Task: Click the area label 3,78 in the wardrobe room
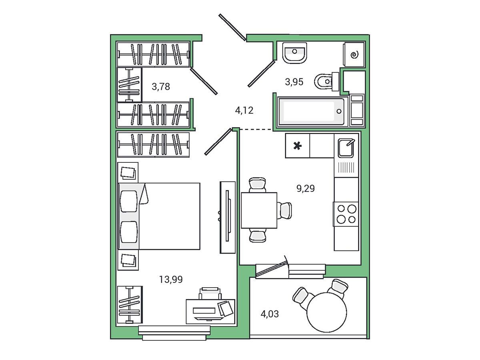pos(161,87)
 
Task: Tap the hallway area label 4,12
pos(244,111)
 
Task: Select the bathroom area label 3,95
pos(294,82)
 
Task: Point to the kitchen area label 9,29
pos(306,188)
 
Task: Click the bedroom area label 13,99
pos(171,279)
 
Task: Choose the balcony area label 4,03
pos(270,314)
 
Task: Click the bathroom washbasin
pos(294,53)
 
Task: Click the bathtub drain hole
pos(339,111)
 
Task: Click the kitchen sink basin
pos(346,148)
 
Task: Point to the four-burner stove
pos(346,214)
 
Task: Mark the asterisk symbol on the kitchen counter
pos(298,146)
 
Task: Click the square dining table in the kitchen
pos(259,210)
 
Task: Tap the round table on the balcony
pos(327,312)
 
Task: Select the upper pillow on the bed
pos(129,201)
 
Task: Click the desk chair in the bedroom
pos(210,293)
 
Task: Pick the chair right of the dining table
pos(284,210)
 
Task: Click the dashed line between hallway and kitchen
pos(256,130)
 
